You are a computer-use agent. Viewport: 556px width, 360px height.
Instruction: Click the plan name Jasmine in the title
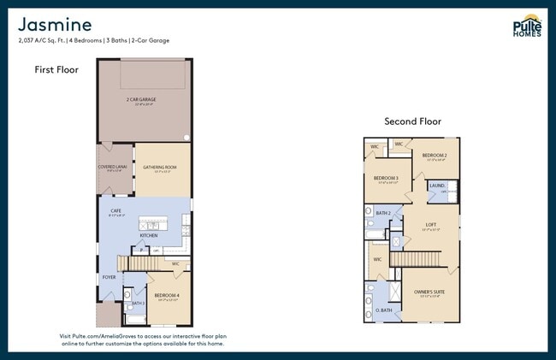click(x=55, y=24)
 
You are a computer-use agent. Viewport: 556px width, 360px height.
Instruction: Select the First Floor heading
click(x=56, y=70)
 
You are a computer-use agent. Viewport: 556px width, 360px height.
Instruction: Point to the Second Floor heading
click(x=412, y=121)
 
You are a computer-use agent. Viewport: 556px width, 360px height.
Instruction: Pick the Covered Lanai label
click(x=113, y=167)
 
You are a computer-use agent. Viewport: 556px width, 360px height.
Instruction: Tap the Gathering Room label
click(x=159, y=167)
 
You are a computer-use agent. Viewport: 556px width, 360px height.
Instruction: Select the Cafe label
click(x=115, y=210)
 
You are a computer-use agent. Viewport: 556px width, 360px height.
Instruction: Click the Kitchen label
click(x=148, y=234)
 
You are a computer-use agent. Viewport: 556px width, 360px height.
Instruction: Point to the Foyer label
click(x=109, y=277)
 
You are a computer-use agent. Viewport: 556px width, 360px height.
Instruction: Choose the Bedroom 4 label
click(x=166, y=295)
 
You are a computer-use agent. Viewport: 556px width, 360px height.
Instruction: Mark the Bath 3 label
click(x=138, y=304)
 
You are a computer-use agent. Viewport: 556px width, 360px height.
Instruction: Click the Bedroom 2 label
click(x=435, y=155)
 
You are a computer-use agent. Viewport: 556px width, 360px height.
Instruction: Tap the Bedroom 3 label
click(x=387, y=178)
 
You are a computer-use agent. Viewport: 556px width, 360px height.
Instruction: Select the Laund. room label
click(x=436, y=185)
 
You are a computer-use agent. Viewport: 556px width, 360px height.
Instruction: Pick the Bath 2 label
click(x=383, y=212)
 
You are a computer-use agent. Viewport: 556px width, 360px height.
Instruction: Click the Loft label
click(x=431, y=225)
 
